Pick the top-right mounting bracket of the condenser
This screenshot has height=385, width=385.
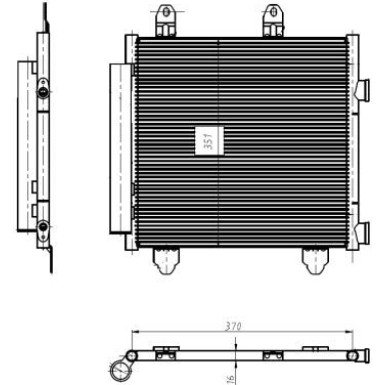tap(272, 21)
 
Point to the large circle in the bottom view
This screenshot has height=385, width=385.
tap(121, 371)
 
